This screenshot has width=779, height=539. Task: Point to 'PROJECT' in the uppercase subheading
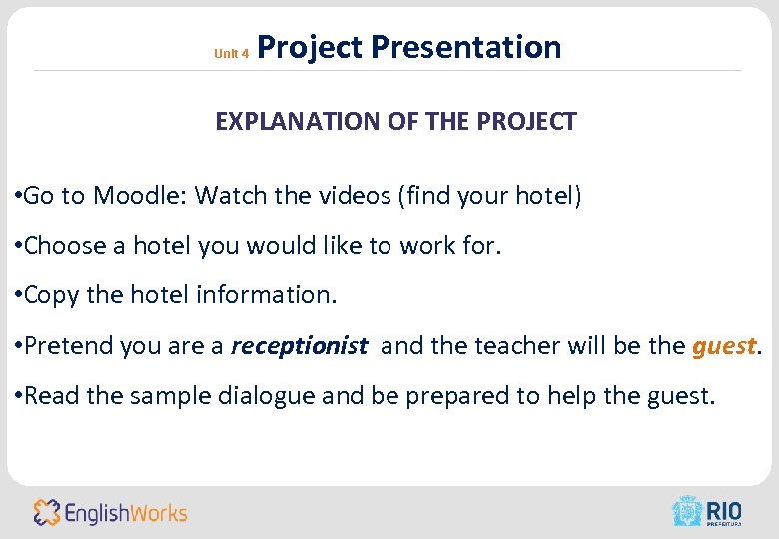point(526,122)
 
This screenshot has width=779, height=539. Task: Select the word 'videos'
point(355,195)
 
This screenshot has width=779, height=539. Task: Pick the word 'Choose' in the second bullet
point(62,246)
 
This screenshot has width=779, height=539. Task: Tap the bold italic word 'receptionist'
point(299,346)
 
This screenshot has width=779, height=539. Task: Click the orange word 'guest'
point(724,346)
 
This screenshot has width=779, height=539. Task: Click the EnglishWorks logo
point(110,513)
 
